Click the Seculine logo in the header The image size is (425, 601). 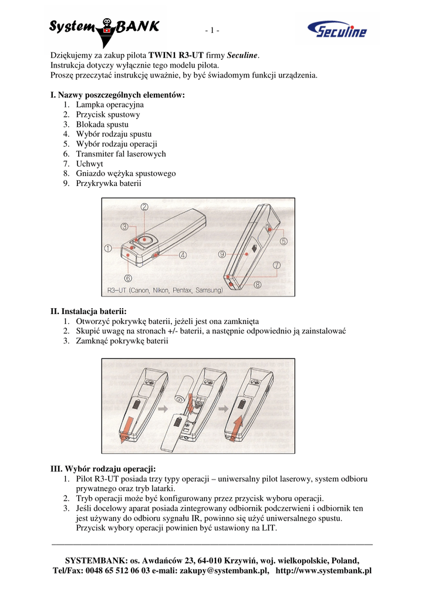click(337, 29)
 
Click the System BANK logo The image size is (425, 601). click(104, 31)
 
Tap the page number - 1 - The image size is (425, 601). click(212, 31)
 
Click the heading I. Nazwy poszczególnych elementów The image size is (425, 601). click(117, 94)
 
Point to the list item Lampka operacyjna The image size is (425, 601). click(110, 104)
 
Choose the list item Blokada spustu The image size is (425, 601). click(102, 124)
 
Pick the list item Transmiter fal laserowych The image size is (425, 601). click(121, 154)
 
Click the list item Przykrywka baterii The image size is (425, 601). click(109, 183)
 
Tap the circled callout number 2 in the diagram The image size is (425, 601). click(144, 207)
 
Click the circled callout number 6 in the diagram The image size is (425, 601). click(129, 278)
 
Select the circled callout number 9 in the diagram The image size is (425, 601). click(222, 254)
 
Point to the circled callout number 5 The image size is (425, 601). click(284, 241)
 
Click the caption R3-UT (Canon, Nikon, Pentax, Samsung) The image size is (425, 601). click(165, 290)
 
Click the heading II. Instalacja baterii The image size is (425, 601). click(89, 311)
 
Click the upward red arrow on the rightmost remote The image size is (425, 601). click(237, 428)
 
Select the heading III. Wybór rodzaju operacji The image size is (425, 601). click(103, 469)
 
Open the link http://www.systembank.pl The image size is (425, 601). click(324, 570)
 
